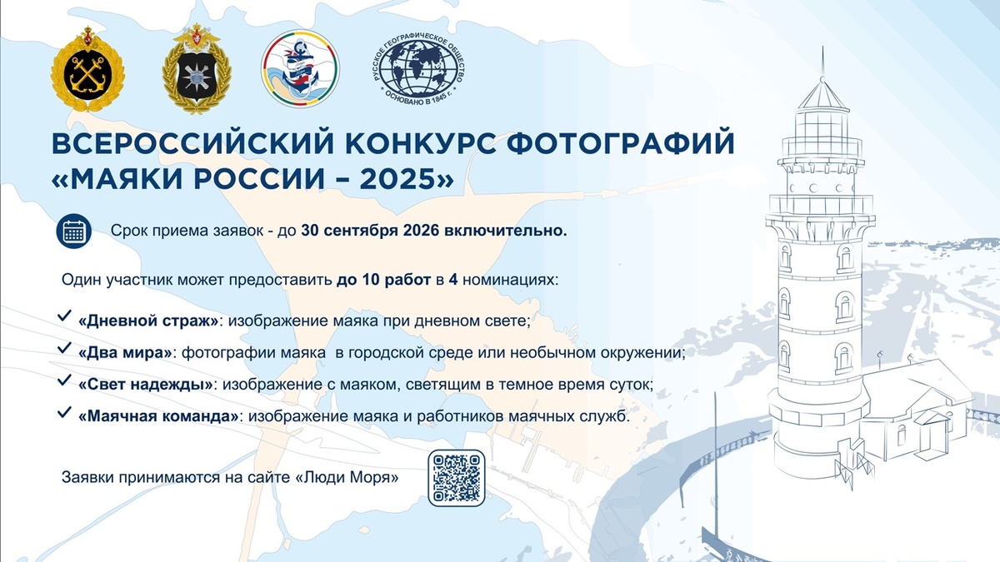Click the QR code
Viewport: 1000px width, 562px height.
456,478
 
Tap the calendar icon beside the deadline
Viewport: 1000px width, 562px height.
73,231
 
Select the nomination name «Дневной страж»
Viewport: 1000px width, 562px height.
149,321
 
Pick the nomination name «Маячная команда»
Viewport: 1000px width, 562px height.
158,416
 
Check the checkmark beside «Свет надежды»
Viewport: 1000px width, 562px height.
63,381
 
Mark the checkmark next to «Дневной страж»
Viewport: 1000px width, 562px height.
63,317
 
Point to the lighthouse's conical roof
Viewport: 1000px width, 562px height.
822,92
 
